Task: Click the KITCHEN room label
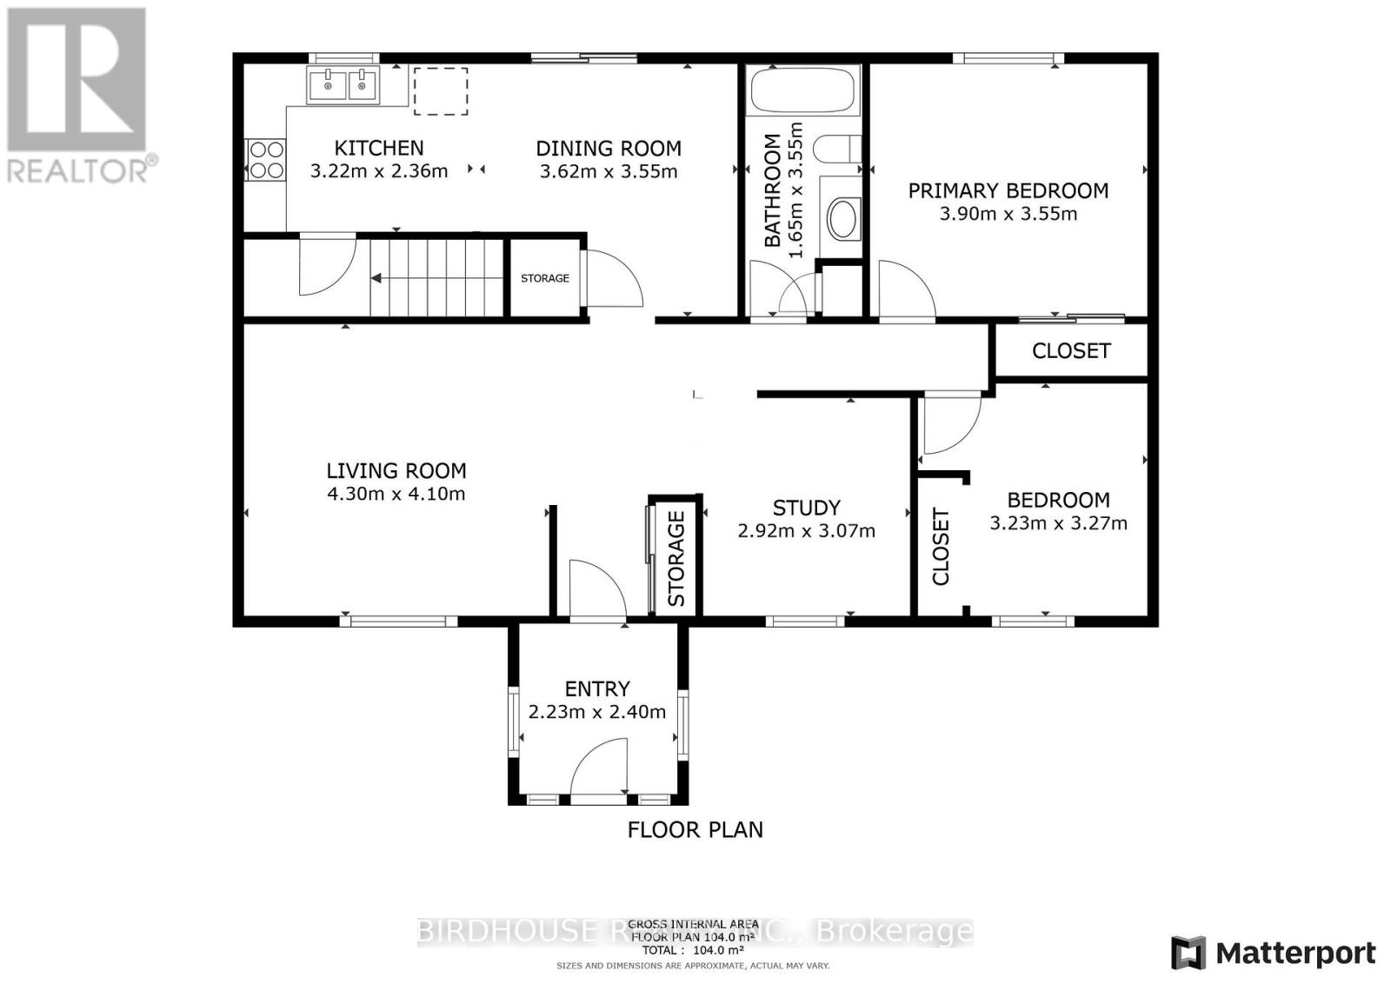379,148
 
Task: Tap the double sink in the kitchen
343,85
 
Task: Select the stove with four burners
267,160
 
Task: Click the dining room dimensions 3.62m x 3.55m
609,171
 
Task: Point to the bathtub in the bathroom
802,90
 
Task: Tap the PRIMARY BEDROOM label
1008,190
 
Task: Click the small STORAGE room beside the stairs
544,278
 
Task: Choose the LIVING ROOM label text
396,471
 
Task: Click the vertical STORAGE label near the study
676,558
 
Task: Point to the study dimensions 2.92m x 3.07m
806,530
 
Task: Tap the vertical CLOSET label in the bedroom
941,547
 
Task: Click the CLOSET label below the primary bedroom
1071,350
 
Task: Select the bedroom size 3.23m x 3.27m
1058,523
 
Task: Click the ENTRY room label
597,688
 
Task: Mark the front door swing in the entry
602,765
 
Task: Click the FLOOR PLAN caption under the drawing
695,829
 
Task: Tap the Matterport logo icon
1188,953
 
